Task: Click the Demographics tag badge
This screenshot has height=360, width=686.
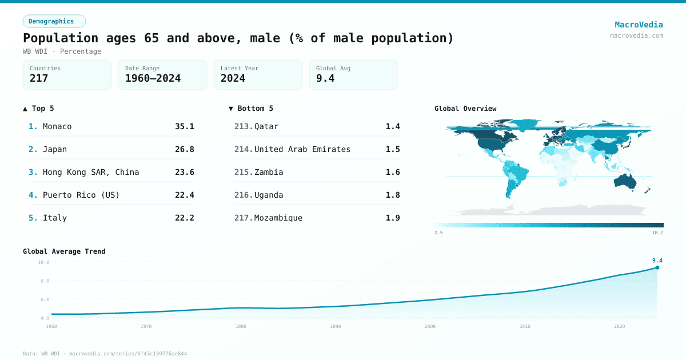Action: tap(54, 21)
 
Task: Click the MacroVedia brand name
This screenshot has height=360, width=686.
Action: tap(639, 25)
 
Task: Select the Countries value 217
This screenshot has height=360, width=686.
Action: tap(39, 78)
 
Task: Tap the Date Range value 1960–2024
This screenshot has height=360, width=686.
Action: tap(153, 78)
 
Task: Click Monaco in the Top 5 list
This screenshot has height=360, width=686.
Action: tap(57, 126)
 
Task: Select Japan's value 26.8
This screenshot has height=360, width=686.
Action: tap(184, 149)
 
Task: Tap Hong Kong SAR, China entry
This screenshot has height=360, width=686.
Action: tap(90, 172)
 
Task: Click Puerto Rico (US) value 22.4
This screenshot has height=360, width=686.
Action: tap(184, 195)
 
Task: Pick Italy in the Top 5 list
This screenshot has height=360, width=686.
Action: tap(54, 218)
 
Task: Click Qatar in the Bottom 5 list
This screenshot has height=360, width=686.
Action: tap(266, 126)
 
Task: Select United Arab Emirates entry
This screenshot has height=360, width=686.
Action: tap(302, 149)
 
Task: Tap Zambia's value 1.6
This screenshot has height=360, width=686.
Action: tap(393, 172)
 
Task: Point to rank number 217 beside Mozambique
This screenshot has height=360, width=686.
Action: tap(244, 218)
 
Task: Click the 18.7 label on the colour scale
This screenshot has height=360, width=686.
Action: tap(657, 233)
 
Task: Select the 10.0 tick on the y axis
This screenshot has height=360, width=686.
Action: tap(43, 262)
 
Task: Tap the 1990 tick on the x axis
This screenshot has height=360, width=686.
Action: tap(335, 326)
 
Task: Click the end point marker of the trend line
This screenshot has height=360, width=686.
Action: tap(657, 267)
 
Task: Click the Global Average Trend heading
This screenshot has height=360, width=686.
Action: tap(64, 251)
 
